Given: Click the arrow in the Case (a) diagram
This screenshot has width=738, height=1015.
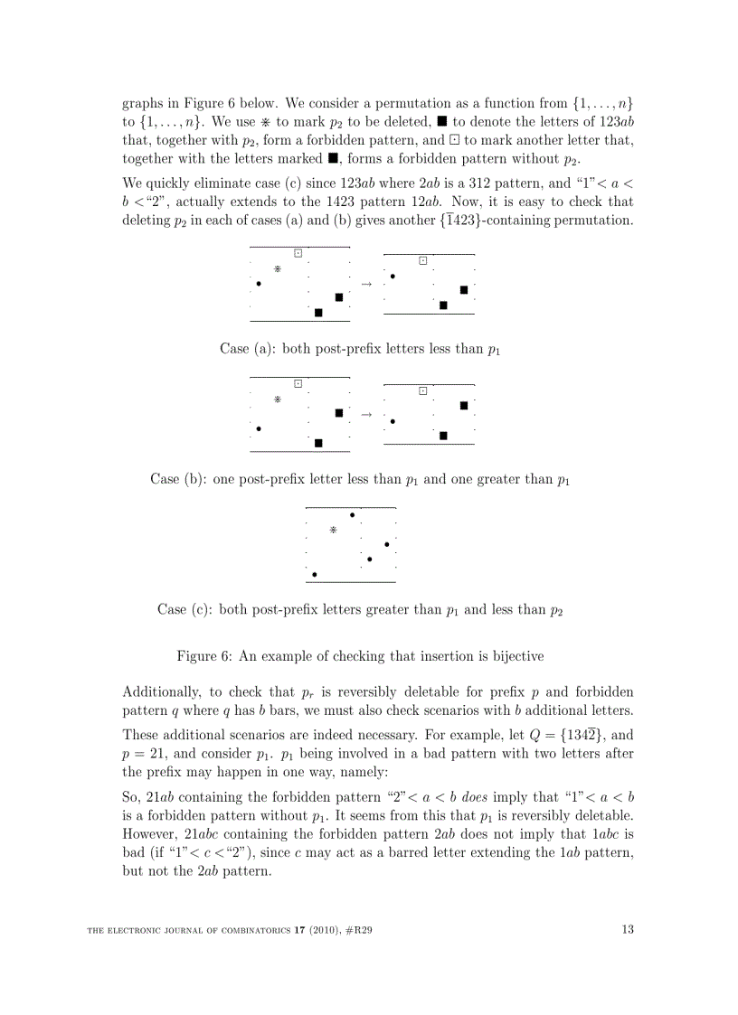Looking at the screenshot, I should coord(366,284).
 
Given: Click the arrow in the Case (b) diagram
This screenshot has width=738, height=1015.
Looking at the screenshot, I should coord(366,415).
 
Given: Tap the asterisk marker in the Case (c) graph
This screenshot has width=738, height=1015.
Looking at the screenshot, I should coord(333,531).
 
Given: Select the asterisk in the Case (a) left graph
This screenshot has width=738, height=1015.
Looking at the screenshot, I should coord(278,268).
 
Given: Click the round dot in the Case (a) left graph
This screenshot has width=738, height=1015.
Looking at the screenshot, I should coord(259,284).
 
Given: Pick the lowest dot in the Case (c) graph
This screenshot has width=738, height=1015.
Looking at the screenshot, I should coord(315,574).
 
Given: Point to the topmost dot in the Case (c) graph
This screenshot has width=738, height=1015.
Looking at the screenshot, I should coord(352,515).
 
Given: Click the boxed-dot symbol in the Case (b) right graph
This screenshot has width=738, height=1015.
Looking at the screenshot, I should coord(422,390).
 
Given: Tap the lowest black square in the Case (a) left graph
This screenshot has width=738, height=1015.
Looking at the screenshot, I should coord(318,313).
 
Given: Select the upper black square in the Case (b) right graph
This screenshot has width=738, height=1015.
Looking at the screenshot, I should coord(464,405).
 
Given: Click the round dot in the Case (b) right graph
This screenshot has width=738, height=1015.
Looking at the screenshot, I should coord(393,421).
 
